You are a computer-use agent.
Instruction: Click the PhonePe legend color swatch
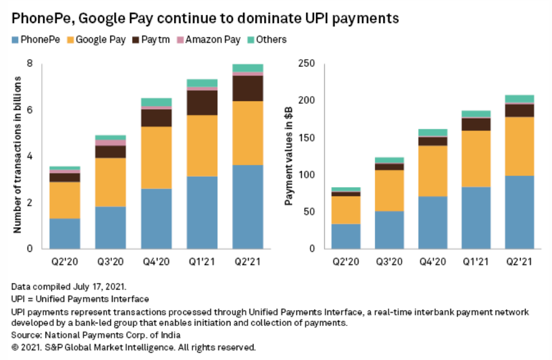[x=15, y=40]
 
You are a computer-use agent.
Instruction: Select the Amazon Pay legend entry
[x=212, y=40]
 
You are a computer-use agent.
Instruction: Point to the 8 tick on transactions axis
[x=30, y=64]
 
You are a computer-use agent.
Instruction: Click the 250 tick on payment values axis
[x=307, y=64]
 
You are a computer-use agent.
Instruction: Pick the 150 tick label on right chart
[x=307, y=138]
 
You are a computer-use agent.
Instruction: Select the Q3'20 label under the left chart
[x=110, y=262]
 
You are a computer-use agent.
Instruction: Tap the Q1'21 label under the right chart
[x=475, y=262]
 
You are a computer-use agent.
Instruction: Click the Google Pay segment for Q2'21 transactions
[x=247, y=133]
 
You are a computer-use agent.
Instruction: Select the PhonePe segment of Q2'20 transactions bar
[x=65, y=233]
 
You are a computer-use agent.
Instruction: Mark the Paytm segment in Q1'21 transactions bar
[x=202, y=103]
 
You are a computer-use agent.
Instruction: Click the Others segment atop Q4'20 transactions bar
[x=156, y=102]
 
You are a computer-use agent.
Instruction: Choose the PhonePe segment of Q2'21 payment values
[x=519, y=212]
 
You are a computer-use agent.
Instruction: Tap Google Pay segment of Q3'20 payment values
[x=388, y=190]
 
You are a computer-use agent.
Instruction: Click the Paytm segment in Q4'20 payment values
[x=432, y=141]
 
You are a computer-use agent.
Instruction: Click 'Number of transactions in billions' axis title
[x=17, y=156]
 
